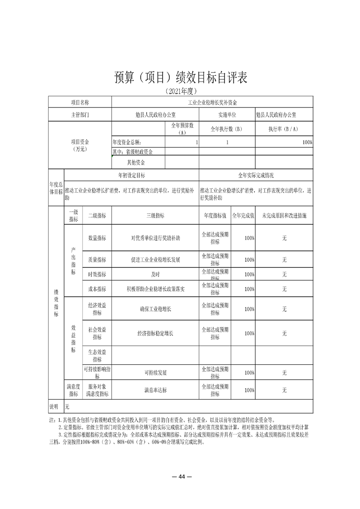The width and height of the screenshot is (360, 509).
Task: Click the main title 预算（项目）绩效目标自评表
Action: pyautogui.click(x=180, y=77)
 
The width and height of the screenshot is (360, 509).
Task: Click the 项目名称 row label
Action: pyautogui.click(x=80, y=103)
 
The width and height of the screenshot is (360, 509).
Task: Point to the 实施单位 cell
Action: pyautogui.click(x=227, y=115)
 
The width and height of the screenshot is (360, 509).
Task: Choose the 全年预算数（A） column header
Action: pyautogui.click(x=182, y=129)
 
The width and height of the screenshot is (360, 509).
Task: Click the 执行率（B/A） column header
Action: pyautogui.click(x=284, y=129)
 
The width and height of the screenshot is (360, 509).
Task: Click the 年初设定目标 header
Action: pyautogui.click(x=132, y=175)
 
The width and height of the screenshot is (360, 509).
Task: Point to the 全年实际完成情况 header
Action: pyautogui.click(x=256, y=175)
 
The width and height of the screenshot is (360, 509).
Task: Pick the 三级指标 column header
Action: pyautogui.click(x=155, y=216)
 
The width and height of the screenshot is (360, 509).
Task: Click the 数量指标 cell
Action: pyautogui.click(x=97, y=238)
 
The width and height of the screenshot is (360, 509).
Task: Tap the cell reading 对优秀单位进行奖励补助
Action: pyautogui.click(x=155, y=238)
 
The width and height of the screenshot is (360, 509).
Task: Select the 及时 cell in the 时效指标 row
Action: pyautogui.click(x=155, y=274)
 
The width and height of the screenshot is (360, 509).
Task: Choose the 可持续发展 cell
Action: pyautogui.click(x=155, y=372)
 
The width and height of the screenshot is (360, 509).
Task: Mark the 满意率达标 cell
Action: pyautogui.click(x=155, y=390)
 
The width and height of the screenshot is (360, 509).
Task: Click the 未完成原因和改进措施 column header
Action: pyautogui.click(x=284, y=216)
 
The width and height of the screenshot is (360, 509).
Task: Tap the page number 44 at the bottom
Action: pyautogui.click(x=180, y=476)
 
